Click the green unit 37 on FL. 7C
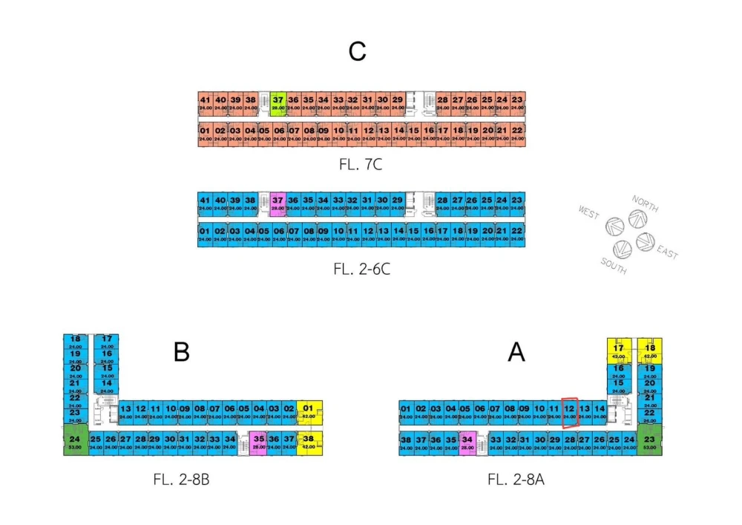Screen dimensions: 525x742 point(278,102)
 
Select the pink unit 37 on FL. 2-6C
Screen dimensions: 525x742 point(278,203)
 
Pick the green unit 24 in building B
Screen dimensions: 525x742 point(75,441)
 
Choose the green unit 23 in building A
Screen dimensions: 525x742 point(649,441)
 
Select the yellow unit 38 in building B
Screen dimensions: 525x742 point(308,443)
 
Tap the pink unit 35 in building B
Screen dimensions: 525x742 point(258,443)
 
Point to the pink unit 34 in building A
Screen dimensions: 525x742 point(467,443)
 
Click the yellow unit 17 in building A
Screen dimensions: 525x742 point(618,350)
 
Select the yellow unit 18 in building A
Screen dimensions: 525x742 point(650,350)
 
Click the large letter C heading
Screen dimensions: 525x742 point(358,52)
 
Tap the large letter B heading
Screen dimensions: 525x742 point(182,351)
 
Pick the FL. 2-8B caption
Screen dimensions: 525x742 point(181,479)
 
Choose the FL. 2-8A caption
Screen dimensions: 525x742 point(516,479)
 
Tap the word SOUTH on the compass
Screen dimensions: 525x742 point(613,266)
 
